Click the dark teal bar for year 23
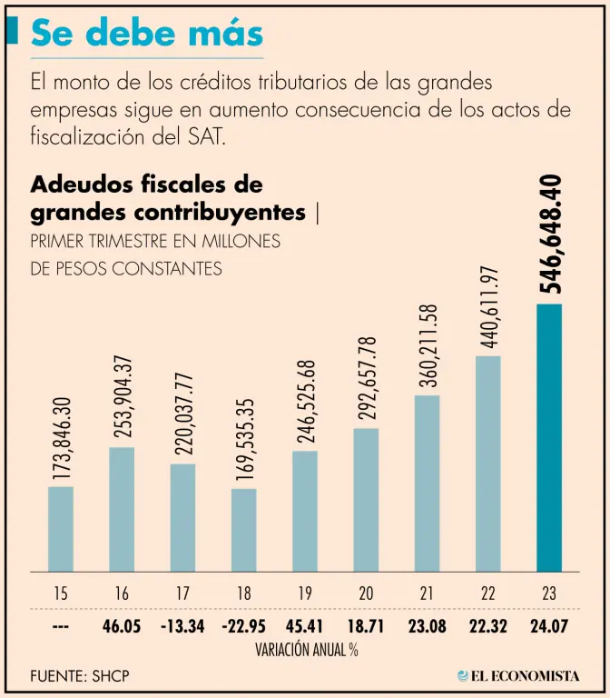pyautogui.click(x=549, y=437)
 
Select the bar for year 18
pyautogui.click(x=244, y=530)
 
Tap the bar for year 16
pyautogui.click(x=122, y=509)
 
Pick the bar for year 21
pyautogui.click(x=427, y=483)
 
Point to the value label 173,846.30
pyautogui.click(x=60, y=438)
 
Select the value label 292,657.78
pyautogui.click(x=366, y=379)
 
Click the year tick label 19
pyautogui.click(x=304, y=593)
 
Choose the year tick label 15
pyautogui.click(x=60, y=593)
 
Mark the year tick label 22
pyautogui.click(x=488, y=593)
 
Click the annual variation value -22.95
pyautogui.click(x=243, y=627)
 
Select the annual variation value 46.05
pyautogui.click(x=122, y=627)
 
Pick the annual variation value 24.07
pyautogui.click(x=549, y=627)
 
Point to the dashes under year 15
pyautogui.click(x=60, y=627)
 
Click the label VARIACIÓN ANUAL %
pyautogui.click(x=304, y=651)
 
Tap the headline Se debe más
pyautogui.click(x=146, y=34)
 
